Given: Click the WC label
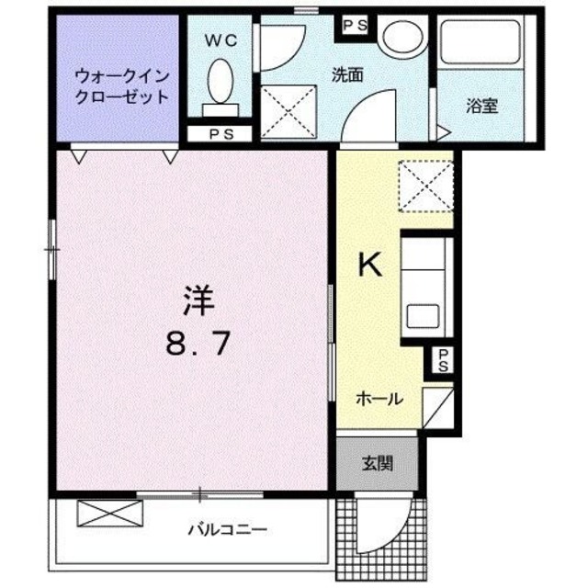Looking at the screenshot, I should click(x=220, y=40).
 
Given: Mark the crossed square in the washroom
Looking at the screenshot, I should click(x=288, y=113).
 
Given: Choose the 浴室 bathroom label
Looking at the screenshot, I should click(x=481, y=106).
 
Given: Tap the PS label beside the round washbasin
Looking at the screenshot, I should click(x=356, y=25).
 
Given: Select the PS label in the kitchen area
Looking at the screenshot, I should click(x=443, y=361).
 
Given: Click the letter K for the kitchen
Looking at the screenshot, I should click(x=368, y=266).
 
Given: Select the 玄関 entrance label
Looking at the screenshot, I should click(x=377, y=462).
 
